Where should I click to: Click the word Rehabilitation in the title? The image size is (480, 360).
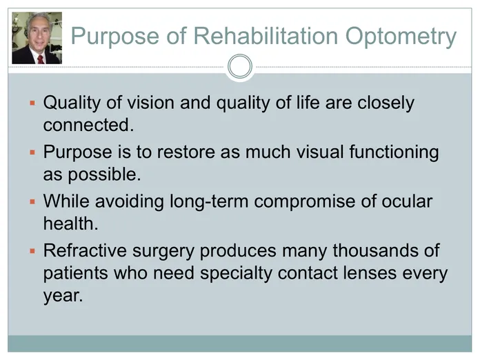click(266, 36)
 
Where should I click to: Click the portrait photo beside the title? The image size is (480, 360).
click(37, 38)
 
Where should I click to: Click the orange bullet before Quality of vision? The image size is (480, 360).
click(32, 103)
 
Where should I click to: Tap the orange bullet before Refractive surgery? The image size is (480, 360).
click(32, 251)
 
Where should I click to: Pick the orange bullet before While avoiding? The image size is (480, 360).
click(32, 202)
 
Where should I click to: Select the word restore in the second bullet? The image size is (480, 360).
click(186, 152)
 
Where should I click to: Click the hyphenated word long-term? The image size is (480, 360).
click(209, 202)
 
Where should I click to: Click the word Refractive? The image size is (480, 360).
click(85, 250)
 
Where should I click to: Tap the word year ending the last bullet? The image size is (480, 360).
click(63, 296)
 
